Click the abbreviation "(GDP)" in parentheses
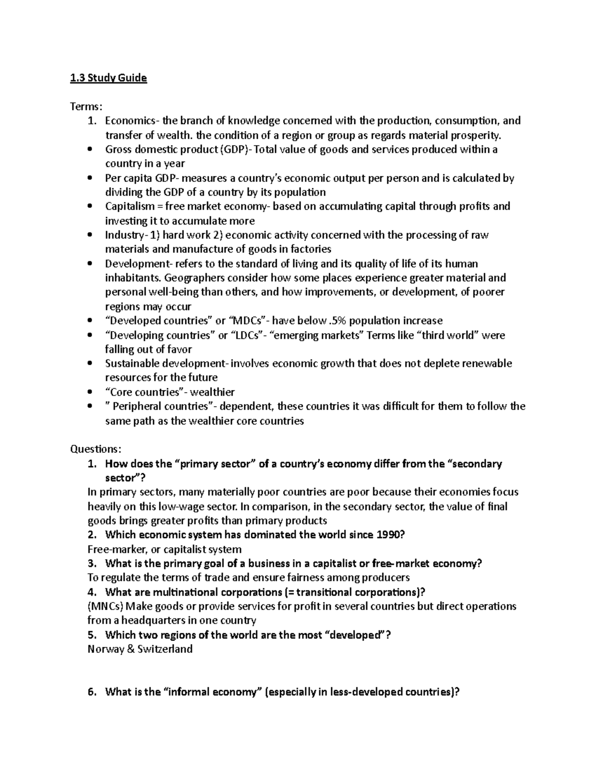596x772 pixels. pyautogui.click(x=234, y=150)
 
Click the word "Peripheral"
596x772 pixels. pyautogui.click(x=138, y=406)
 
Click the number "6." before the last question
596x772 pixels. pyautogui.click(x=91, y=692)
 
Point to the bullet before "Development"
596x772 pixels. pyautogui.click(x=89, y=263)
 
